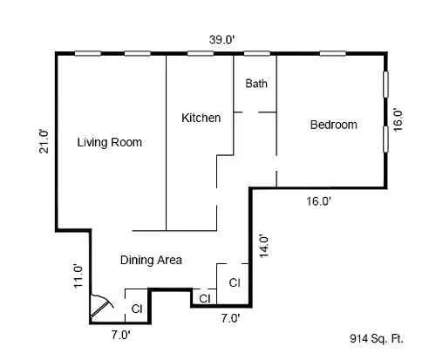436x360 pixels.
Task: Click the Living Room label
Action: click(x=109, y=142)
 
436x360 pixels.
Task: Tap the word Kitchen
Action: click(x=201, y=118)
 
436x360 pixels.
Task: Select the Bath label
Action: click(x=255, y=84)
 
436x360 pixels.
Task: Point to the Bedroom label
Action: click(x=333, y=125)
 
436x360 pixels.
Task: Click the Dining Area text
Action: click(x=150, y=259)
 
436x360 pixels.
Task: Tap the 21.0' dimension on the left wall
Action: click(x=43, y=140)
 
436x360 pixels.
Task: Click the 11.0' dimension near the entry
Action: click(x=78, y=275)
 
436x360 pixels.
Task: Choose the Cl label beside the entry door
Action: click(x=137, y=308)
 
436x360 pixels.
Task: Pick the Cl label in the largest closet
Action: click(x=235, y=282)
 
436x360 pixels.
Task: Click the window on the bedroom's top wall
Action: click(x=331, y=54)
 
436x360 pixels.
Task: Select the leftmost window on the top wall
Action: click(x=86, y=54)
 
